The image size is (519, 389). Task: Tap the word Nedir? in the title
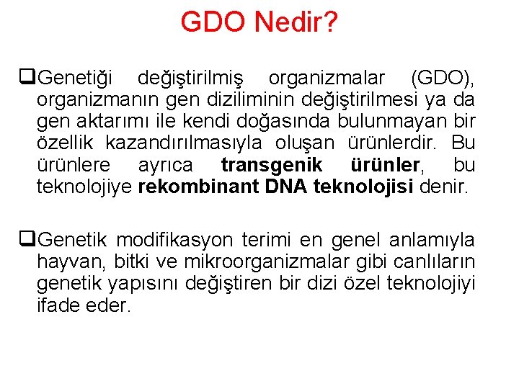point(296,22)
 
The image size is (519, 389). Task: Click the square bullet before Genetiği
point(30,76)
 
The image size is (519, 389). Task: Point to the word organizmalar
point(327,76)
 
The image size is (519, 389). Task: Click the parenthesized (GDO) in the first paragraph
point(442,76)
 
